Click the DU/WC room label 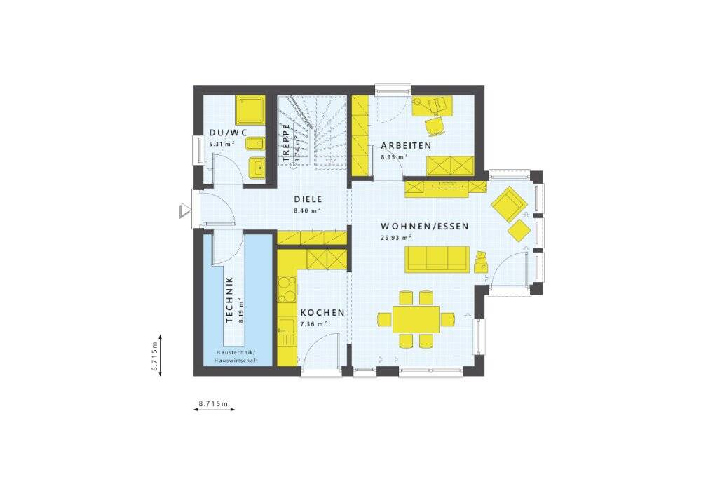228,133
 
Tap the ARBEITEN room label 406,145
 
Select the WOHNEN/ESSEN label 425,227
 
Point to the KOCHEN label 322,313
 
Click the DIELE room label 308,199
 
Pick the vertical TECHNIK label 230,300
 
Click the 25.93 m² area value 396,238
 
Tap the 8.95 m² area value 394,157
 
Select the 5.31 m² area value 222,144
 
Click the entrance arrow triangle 184,211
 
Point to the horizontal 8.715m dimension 214,404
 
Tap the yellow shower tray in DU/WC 250,110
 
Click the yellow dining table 416,319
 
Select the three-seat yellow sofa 437,259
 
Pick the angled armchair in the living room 509,204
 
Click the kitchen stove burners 287,289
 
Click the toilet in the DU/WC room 255,144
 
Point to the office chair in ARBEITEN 435,126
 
